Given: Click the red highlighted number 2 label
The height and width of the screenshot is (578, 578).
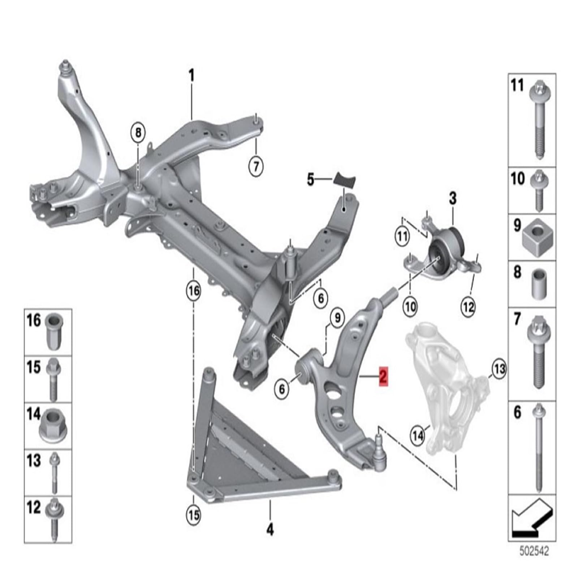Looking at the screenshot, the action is (x=383, y=376).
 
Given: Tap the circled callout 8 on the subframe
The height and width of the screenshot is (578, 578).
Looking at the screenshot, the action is (x=138, y=133).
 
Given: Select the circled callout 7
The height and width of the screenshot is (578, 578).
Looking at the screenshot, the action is (x=256, y=167).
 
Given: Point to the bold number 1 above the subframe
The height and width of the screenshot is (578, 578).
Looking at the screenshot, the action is (x=191, y=76).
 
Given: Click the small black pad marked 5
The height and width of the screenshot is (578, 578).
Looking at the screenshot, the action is (x=344, y=179).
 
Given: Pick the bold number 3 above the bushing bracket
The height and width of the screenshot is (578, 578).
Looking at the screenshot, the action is (x=453, y=198).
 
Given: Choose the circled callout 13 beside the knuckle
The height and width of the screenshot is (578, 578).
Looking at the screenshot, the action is (x=499, y=369).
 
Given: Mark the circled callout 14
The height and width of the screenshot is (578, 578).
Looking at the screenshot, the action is (x=418, y=436).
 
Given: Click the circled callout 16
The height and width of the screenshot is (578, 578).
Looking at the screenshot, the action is (x=194, y=291).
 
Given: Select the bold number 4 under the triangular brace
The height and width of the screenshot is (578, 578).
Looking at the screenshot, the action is (x=270, y=530).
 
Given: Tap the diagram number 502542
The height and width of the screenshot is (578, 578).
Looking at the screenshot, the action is (x=534, y=552).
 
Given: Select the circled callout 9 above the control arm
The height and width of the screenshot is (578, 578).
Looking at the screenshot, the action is (x=337, y=318).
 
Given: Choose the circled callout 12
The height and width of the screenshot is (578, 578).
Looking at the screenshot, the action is (x=468, y=307).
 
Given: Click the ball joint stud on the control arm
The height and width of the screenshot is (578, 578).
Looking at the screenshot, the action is (x=380, y=441).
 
